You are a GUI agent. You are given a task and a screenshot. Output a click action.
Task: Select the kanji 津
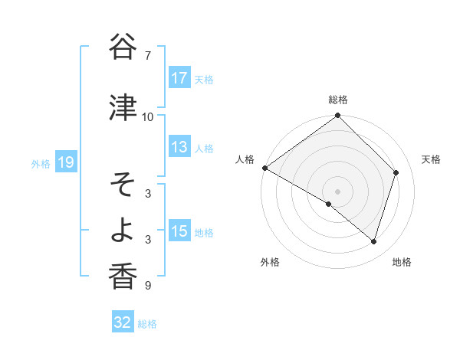pos(123,108)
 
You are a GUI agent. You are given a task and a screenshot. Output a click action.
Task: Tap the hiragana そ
pos(123,185)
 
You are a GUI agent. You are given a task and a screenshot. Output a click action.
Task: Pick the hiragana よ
pos(123,231)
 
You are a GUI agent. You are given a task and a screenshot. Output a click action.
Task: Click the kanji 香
pos(123,277)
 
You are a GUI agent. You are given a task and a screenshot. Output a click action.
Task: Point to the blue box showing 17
pos(179,78)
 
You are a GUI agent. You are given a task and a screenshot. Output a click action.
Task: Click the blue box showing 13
pos(179,147)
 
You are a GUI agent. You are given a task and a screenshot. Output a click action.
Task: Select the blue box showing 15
pos(179,231)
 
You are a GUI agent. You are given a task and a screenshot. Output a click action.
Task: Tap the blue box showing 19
pos(65,162)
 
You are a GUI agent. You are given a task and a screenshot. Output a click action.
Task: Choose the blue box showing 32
pos(123,322)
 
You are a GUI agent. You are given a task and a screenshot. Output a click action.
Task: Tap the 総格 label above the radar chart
pos(337,100)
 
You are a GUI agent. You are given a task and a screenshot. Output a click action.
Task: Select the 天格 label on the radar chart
pos(432,159)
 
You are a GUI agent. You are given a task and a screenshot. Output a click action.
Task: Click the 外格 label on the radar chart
pos(270,262)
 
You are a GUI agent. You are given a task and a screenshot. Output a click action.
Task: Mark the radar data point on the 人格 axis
pos(265,168)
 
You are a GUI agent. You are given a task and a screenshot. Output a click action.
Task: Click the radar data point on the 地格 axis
pos(374,241)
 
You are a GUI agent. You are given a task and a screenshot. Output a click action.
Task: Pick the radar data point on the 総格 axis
pos(337,116)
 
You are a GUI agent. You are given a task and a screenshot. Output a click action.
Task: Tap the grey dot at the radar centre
pos(337,191)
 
